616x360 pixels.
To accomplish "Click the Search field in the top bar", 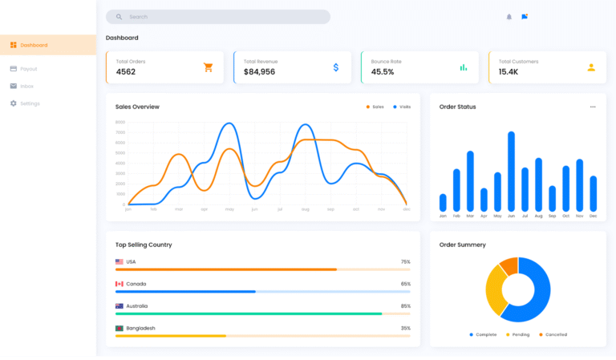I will click(x=217, y=17).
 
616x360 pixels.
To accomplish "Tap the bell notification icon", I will click(x=509, y=17).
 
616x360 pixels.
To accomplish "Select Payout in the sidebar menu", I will click(x=28, y=69).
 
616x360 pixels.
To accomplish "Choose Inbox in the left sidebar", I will click(x=26, y=86).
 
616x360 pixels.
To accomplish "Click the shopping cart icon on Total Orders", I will click(x=208, y=67).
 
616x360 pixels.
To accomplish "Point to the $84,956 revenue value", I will click(x=259, y=72).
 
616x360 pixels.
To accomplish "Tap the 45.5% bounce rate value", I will click(x=383, y=72).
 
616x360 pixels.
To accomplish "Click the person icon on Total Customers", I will click(x=591, y=67).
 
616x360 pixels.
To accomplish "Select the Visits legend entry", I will click(x=402, y=107).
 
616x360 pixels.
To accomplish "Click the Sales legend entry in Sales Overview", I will click(x=375, y=107).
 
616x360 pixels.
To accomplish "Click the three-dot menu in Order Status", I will click(x=593, y=107).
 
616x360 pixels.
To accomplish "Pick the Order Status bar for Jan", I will click(x=443, y=202).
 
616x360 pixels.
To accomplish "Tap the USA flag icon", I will click(x=120, y=262).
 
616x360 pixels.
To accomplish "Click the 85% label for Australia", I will click(x=405, y=306).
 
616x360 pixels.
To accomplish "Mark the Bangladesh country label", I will click(x=140, y=328).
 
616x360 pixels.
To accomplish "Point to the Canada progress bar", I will click(x=262, y=292).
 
